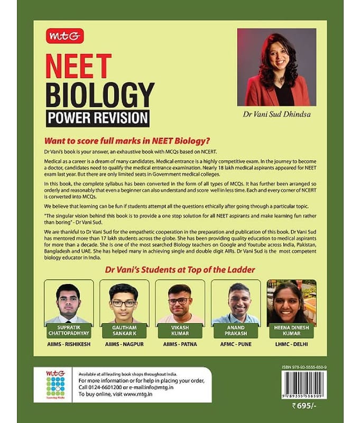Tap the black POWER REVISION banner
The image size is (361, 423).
tap(98, 117)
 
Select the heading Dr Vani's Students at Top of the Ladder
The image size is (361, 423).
tap(180, 270)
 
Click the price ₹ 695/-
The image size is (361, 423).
tap(310, 405)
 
